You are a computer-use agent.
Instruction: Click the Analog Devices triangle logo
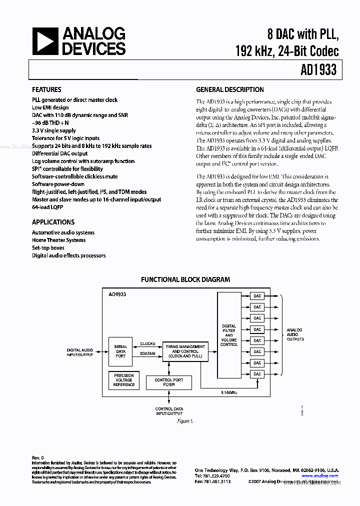[x=45, y=41]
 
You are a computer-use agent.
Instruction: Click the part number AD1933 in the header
[x=319, y=70]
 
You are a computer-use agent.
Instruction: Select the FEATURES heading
[x=46, y=90]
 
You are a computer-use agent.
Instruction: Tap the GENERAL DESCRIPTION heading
[x=230, y=90]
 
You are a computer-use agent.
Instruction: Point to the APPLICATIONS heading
[x=53, y=222]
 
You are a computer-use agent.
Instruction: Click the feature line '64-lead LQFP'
[x=48, y=207]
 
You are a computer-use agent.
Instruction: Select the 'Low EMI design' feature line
[x=50, y=107]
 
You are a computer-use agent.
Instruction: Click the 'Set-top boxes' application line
[x=48, y=248]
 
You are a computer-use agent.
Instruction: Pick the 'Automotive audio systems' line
[x=63, y=232]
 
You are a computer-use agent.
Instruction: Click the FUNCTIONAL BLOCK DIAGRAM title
[x=185, y=279]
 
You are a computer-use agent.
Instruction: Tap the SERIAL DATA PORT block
[x=121, y=351]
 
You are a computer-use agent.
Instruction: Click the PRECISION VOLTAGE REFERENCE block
[x=123, y=380]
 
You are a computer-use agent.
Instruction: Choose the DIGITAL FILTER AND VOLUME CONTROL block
[x=229, y=335]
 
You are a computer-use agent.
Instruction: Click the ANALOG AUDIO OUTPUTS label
[x=295, y=334]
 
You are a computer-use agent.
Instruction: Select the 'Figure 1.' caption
[x=185, y=421]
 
